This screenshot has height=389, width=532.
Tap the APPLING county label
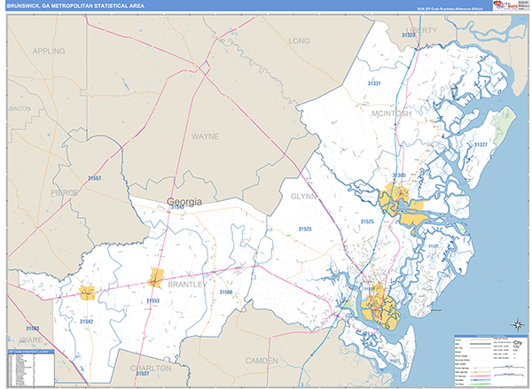(50, 51)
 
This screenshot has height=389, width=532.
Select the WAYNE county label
(205, 137)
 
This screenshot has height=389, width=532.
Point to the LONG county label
(300, 42)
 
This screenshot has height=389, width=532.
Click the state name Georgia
(184, 202)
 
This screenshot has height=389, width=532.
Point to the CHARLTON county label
(148, 368)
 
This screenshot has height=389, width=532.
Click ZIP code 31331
(375, 83)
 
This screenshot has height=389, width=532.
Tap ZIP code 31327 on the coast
(481, 144)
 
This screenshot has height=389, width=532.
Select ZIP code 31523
(305, 230)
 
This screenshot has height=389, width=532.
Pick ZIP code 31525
(367, 222)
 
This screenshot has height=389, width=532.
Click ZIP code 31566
(226, 292)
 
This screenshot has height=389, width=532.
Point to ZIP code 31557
(94, 179)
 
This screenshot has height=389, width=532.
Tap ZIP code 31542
(87, 321)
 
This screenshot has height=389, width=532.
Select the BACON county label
(20, 108)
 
